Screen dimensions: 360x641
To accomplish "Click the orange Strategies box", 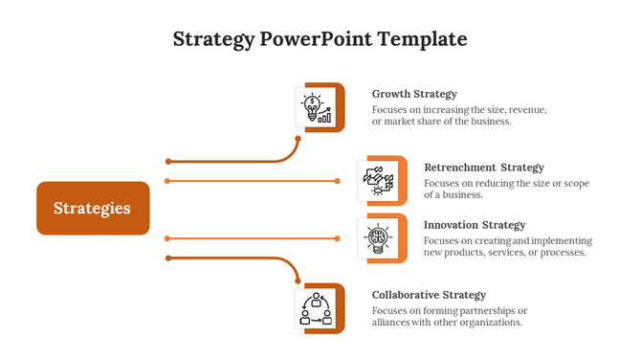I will pyautogui.click(x=93, y=208).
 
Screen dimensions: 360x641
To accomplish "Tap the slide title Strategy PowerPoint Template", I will pyautogui.click(x=320, y=39).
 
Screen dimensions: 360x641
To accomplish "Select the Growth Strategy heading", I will pyautogui.click(x=414, y=94).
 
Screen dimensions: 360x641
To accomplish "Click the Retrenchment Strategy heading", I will pyautogui.click(x=483, y=168).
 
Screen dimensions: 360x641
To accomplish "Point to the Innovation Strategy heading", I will pyautogui.click(x=475, y=225).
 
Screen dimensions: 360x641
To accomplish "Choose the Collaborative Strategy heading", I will pyautogui.click(x=429, y=295).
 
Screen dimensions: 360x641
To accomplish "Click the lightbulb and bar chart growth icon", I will pyautogui.click(x=316, y=107).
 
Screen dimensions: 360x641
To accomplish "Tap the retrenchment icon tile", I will pyautogui.click(x=377, y=179).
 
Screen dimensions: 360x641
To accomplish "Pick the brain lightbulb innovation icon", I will pyautogui.click(x=377, y=236).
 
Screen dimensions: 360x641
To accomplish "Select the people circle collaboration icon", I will pyautogui.click(x=316, y=308).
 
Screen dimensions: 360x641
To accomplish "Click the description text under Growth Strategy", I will pyautogui.click(x=459, y=116).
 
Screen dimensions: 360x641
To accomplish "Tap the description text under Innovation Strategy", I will pyautogui.click(x=507, y=247).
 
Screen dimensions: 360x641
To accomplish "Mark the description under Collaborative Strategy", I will pyautogui.click(x=449, y=317).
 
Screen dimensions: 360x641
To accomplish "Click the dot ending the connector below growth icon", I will pyautogui.click(x=298, y=139).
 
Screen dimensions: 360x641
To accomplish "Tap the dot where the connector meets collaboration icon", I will pyautogui.click(x=298, y=280).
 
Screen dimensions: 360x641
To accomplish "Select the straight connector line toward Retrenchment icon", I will pyautogui.click(x=253, y=180).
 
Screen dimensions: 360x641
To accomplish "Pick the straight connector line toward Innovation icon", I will pyautogui.click(x=253, y=237).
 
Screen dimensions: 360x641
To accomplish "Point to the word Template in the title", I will pyautogui.click(x=422, y=39).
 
